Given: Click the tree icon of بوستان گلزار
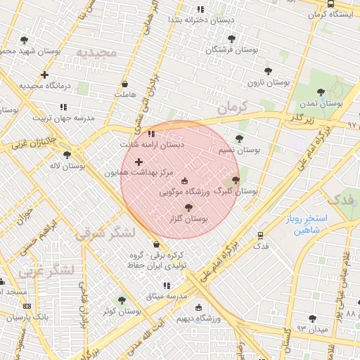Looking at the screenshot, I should [x=188, y=207].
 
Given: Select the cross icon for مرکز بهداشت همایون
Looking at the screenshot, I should [x=139, y=162].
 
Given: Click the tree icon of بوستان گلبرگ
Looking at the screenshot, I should [x=235, y=180].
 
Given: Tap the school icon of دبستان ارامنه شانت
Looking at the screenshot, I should [x=151, y=134].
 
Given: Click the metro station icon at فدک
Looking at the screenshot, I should [x=260, y=236].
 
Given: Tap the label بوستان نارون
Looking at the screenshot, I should [x=268, y=82].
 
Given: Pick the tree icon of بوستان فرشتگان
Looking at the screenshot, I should [x=231, y=39].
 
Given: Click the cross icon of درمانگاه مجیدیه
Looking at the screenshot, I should [x=45, y=75].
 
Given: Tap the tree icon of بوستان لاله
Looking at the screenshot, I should [x=67, y=155].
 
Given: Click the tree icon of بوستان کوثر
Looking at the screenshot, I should [x=122, y=300].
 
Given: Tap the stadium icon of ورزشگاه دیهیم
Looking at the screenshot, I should [x=198, y=308].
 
